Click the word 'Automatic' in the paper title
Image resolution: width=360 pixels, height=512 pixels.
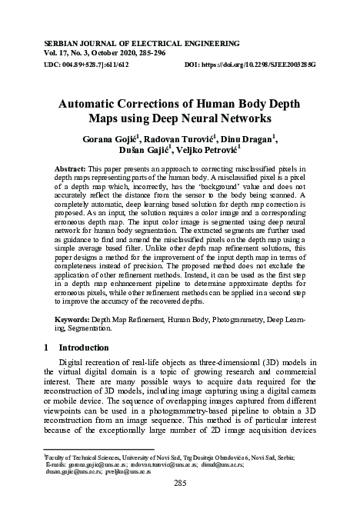click(x=95, y=105)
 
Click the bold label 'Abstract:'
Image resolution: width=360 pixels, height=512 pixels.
click(x=70, y=168)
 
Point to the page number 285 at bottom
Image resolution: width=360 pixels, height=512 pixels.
click(x=180, y=483)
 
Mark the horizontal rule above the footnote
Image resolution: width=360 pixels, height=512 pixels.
click(x=100, y=449)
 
